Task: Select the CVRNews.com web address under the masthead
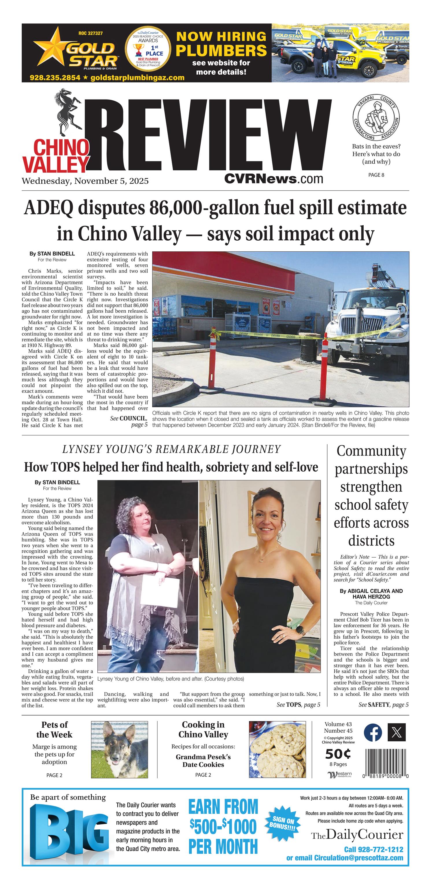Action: point(273,179)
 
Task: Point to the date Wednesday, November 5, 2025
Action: point(85,181)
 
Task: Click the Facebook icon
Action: point(373,733)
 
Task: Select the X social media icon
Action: point(396,733)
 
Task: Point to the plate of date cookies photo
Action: point(277,749)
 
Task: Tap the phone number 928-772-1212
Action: point(373,849)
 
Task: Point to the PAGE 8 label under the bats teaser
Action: point(376,175)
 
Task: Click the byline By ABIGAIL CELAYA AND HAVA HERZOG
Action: point(371,594)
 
